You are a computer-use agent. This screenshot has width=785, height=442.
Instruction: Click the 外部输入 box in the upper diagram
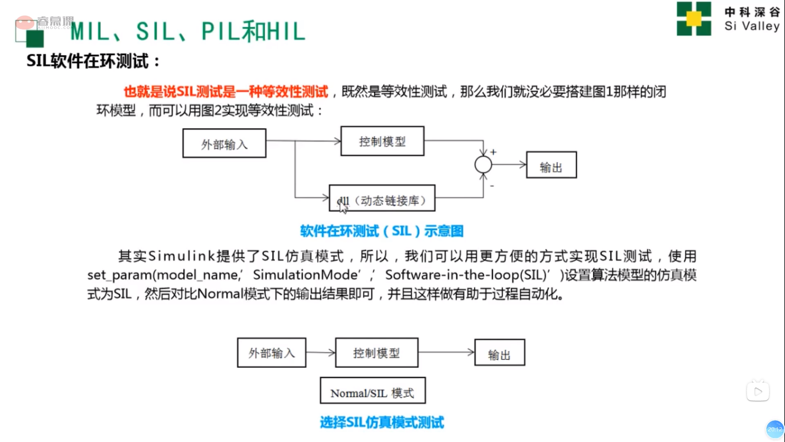click(224, 143)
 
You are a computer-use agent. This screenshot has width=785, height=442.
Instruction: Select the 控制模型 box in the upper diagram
click(382, 141)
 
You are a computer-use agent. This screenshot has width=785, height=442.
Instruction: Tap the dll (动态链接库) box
click(382, 198)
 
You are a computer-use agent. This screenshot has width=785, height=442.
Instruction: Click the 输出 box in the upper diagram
click(551, 165)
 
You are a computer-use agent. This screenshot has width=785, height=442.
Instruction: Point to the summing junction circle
click(483, 165)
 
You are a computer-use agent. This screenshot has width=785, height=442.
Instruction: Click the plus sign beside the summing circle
click(493, 152)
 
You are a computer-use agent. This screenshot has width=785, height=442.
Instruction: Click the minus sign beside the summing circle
click(492, 186)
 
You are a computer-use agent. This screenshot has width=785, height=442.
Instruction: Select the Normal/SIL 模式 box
click(372, 391)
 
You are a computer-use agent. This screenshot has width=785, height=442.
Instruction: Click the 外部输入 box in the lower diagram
click(271, 352)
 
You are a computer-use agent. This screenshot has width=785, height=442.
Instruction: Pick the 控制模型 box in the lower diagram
click(377, 352)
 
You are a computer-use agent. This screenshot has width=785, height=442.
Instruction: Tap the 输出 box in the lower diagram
click(500, 352)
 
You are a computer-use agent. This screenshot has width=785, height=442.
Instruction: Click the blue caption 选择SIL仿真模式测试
click(382, 422)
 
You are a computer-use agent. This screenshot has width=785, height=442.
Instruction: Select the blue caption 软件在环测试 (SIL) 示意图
click(382, 231)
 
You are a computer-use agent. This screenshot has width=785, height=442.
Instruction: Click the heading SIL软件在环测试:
click(93, 61)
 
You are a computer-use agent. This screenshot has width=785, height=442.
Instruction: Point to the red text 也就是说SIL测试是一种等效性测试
click(226, 92)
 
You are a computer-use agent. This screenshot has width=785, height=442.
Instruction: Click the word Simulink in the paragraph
click(181, 256)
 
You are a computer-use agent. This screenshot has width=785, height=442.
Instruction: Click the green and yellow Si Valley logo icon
click(694, 19)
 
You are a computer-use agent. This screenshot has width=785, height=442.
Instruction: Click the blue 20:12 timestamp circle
click(775, 429)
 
